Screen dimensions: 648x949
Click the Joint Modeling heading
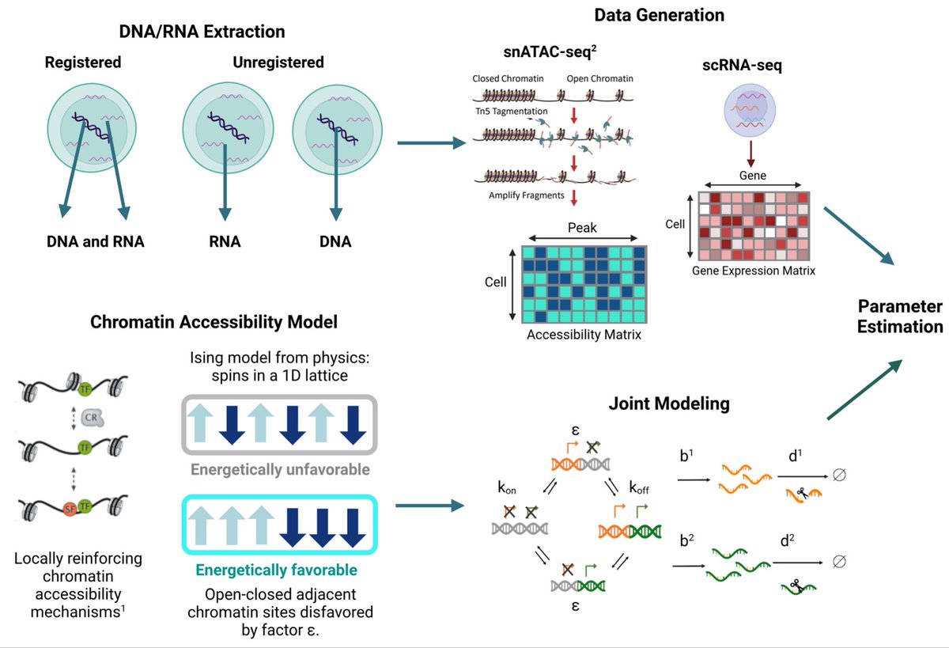pyautogui.click(x=668, y=404)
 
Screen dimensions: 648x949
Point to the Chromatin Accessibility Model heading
pyautogui.click(x=214, y=322)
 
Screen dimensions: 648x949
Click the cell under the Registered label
pyautogui.click(x=93, y=128)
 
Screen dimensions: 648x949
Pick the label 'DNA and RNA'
pyautogui.click(x=94, y=242)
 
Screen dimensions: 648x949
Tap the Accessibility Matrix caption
pyautogui.click(x=584, y=335)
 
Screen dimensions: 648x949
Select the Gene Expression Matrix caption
pyautogui.click(x=753, y=271)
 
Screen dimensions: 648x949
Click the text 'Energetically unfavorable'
pyautogui.click(x=280, y=470)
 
